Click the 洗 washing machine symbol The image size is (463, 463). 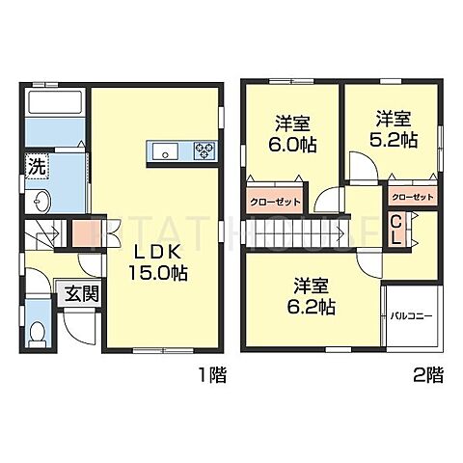click(35, 164)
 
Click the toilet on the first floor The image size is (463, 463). click(38, 332)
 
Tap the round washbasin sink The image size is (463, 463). click(40, 203)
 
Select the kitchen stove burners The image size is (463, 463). click(204, 150)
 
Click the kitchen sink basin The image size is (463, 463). click(163, 150)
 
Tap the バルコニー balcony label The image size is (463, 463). click(410, 316)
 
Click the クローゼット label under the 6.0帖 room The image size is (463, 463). click(275, 202)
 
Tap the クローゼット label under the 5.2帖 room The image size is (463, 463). click(413, 197)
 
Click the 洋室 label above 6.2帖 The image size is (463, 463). click(314, 286)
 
